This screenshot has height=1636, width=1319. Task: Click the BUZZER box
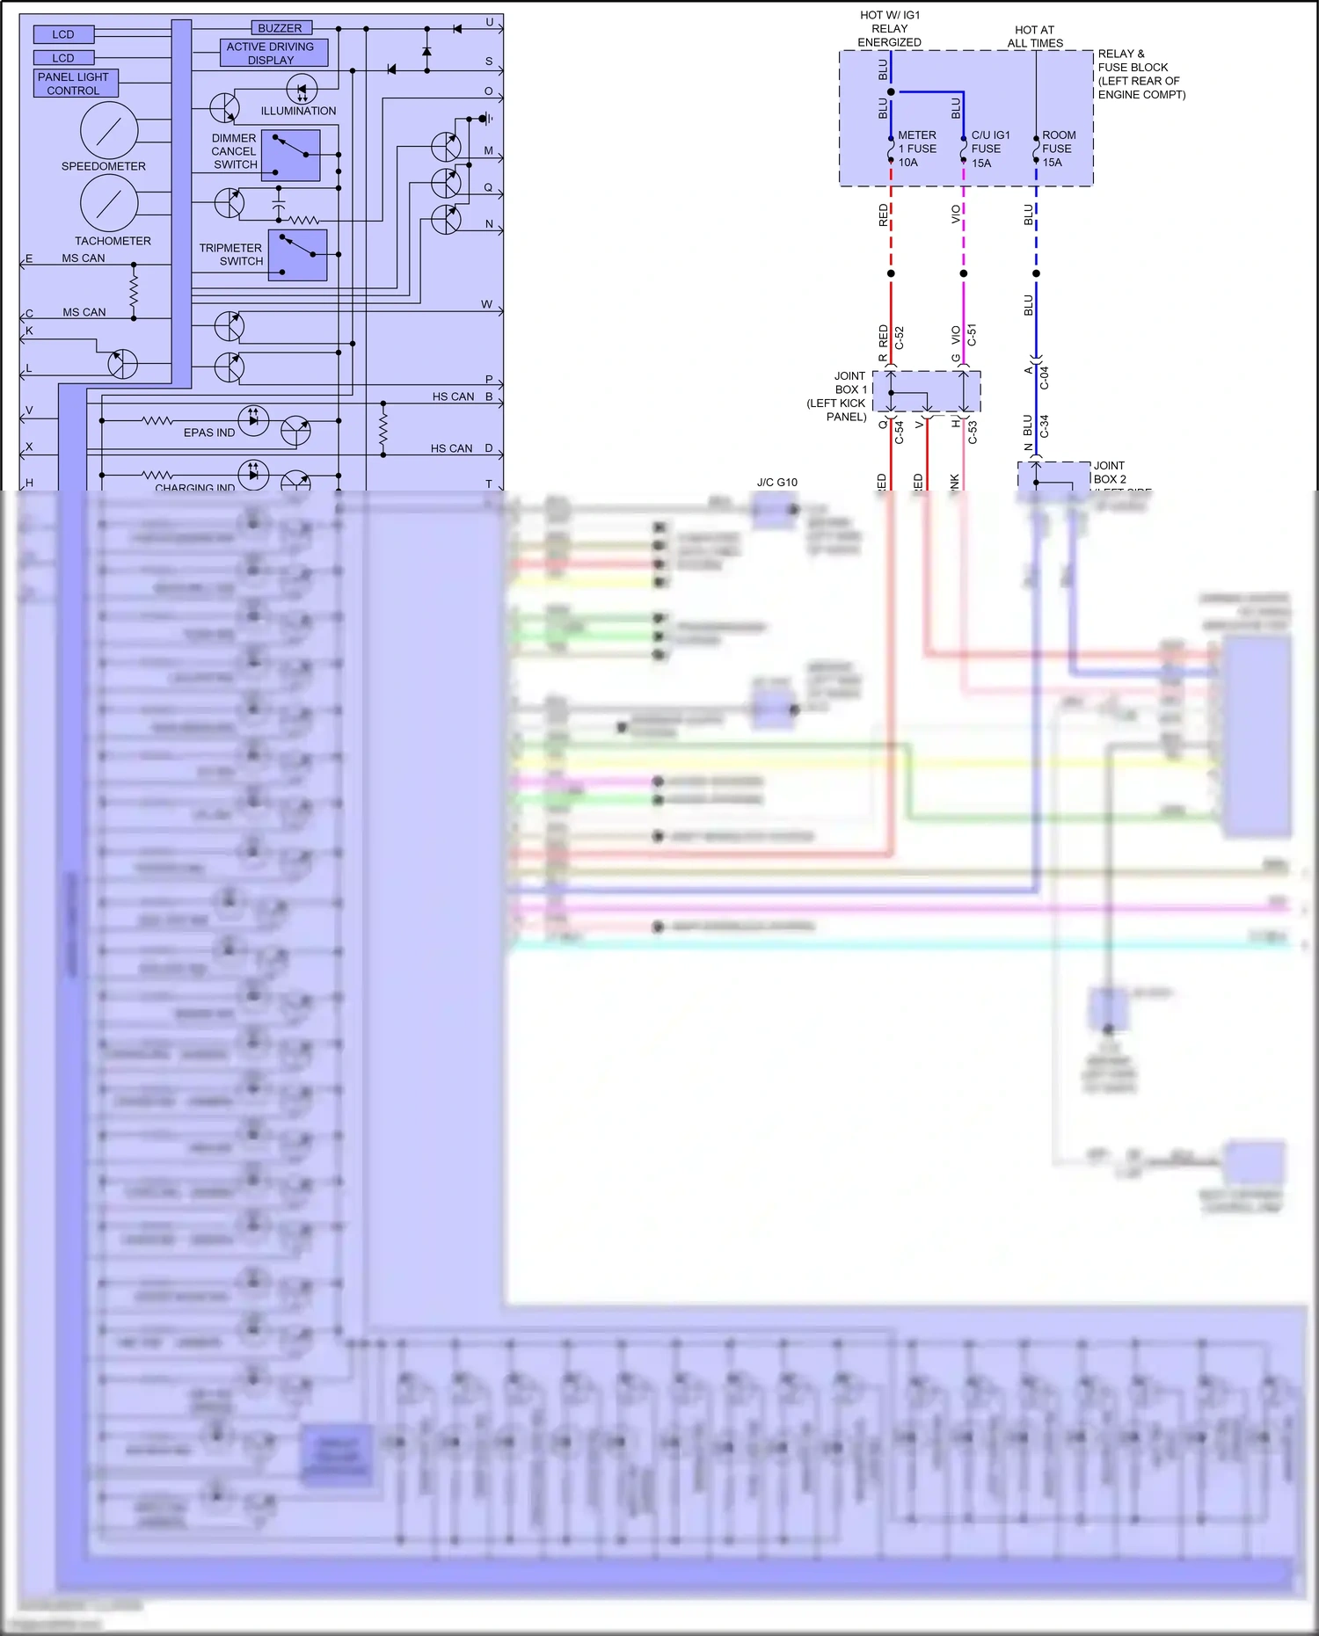pos(281,28)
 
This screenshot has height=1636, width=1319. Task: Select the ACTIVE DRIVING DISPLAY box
pos(273,53)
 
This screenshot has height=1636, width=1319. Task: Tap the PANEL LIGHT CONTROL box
pos(75,84)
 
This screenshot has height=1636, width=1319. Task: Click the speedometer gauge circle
pos(109,130)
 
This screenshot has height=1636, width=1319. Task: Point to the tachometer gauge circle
pos(109,202)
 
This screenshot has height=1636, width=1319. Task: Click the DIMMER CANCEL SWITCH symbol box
pos(291,156)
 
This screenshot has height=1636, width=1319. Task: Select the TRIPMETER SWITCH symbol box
pos(297,255)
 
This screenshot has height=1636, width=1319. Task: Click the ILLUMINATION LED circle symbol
pos(302,89)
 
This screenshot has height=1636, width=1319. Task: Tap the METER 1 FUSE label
pos(916,149)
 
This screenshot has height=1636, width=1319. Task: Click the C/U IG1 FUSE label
pos(990,149)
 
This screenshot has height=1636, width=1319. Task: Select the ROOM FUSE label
pos(1059,149)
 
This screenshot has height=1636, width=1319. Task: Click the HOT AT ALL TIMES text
pos(1035,36)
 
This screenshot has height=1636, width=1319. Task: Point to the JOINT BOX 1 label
pos(838,396)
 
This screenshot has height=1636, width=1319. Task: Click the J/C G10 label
pos(776,482)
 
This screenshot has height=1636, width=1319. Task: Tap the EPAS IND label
pos(208,433)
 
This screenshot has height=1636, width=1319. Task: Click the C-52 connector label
pos(900,338)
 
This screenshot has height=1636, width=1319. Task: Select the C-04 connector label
pos(1045,378)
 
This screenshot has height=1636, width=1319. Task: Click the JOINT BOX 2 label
pos(1110,472)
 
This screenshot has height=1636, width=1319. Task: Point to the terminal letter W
pos(486,304)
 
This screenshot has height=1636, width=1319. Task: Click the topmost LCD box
pos(63,34)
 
